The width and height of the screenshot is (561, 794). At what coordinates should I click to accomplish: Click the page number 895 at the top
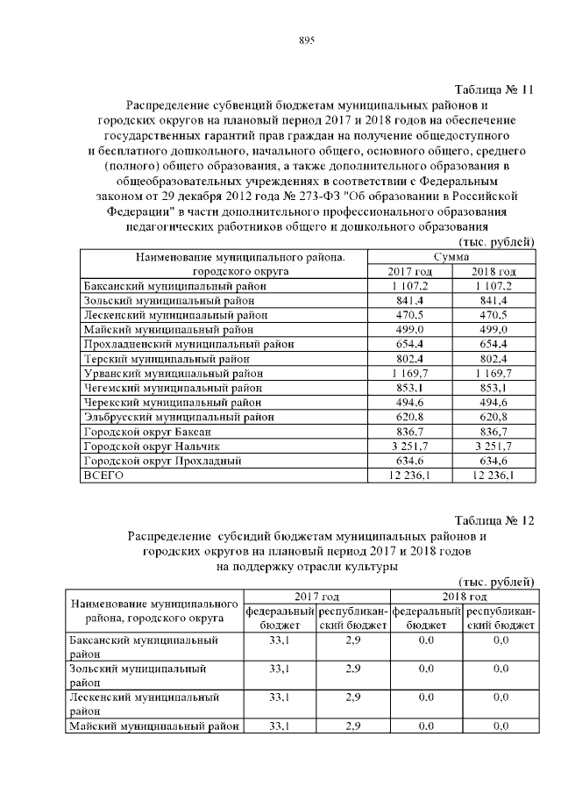[x=306, y=40]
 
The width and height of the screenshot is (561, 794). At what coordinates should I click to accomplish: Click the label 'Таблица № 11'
[x=494, y=89]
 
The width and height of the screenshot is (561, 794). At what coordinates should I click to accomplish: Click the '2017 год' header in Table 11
[x=410, y=271]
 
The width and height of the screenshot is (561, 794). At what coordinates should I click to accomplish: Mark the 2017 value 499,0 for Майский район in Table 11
[x=410, y=330]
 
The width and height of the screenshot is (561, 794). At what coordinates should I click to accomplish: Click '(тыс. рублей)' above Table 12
[x=496, y=581]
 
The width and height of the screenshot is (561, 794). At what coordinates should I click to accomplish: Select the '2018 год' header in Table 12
[x=464, y=596]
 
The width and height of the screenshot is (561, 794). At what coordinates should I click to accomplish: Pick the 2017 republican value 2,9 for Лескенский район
[x=353, y=697]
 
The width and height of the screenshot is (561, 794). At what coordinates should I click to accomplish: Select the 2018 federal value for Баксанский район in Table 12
[x=427, y=641]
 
